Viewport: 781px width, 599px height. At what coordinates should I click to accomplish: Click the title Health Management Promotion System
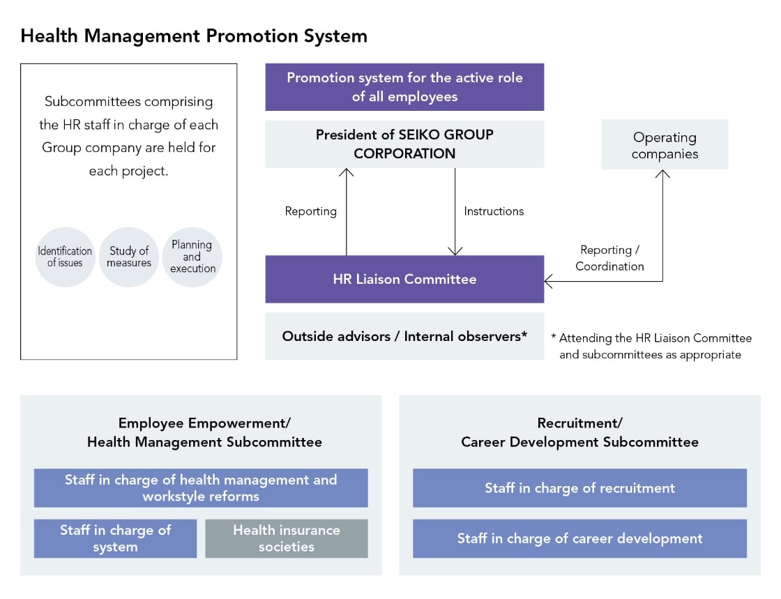(x=194, y=36)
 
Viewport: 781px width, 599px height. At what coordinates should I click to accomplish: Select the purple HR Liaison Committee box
(x=404, y=279)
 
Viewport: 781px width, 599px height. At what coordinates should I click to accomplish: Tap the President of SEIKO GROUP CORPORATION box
(x=404, y=144)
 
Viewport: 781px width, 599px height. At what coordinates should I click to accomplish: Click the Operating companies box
(x=665, y=145)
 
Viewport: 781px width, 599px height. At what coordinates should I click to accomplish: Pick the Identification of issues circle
(x=65, y=257)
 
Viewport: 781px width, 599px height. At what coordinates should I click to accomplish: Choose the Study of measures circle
(x=129, y=257)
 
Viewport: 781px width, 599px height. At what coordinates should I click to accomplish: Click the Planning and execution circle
(x=192, y=257)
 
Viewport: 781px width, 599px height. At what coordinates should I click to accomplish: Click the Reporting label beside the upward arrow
(x=310, y=211)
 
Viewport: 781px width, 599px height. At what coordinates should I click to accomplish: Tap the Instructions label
(x=494, y=211)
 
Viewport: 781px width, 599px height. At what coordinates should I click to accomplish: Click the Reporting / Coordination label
(x=609, y=258)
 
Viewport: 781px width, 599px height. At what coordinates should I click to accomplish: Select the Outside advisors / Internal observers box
(x=404, y=336)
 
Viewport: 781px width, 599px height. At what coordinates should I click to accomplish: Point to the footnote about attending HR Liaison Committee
(x=651, y=346)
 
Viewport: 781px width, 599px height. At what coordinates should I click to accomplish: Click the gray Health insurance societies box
(x=287, y=538)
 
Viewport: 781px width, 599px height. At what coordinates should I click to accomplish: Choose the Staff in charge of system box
(x=115, y=538)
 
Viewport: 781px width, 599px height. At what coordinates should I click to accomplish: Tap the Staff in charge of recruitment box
(x=579, y=488)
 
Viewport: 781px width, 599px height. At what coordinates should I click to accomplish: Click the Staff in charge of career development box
(x=579, y=538)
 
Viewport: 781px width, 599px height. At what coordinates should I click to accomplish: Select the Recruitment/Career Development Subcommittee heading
(x=579, y=432)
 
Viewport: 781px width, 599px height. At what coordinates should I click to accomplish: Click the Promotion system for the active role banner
(x=404, y=87)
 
